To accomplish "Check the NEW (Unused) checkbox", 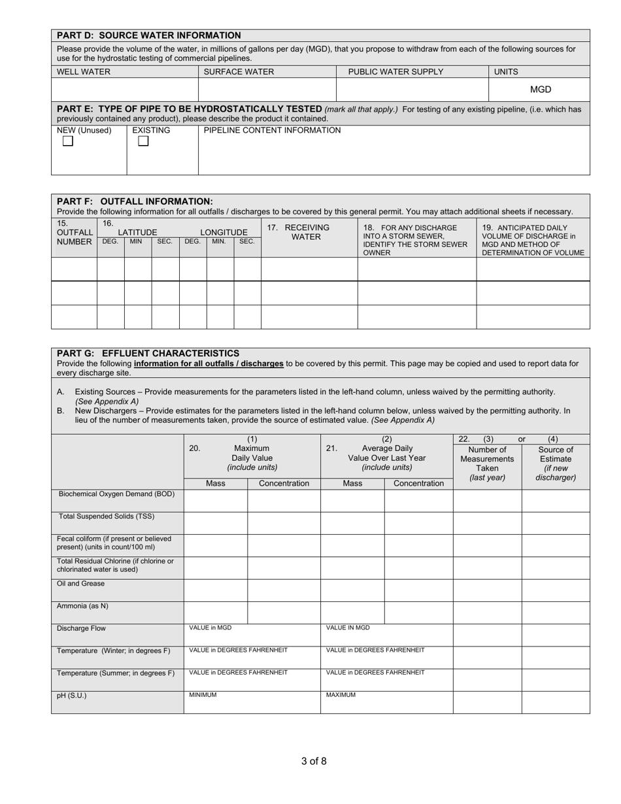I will [67, 142].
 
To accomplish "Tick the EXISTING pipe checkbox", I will [143, 142].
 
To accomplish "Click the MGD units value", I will [540, 90].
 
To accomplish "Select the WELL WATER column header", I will [84, 72].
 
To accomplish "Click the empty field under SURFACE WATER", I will [267, 90].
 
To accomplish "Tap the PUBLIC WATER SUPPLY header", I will [395, 72].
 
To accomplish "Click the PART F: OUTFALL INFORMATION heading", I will [135, 201].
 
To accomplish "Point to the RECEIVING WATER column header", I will [305, 232].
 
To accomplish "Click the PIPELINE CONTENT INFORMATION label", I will [272, 131].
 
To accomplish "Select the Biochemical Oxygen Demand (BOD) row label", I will [116, 494].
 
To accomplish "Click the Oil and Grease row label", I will [80, 584].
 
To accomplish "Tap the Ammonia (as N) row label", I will [82, 606].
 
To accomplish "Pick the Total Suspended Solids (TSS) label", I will [107, 516].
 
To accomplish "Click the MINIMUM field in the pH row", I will [252, 702].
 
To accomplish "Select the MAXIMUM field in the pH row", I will [386, 702].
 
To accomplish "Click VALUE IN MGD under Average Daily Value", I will [386, 635].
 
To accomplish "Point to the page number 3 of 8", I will [314, 761].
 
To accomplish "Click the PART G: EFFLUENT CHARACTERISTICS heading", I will [148, 353].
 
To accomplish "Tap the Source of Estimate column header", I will [556, 463].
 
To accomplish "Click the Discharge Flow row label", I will [81, 629].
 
